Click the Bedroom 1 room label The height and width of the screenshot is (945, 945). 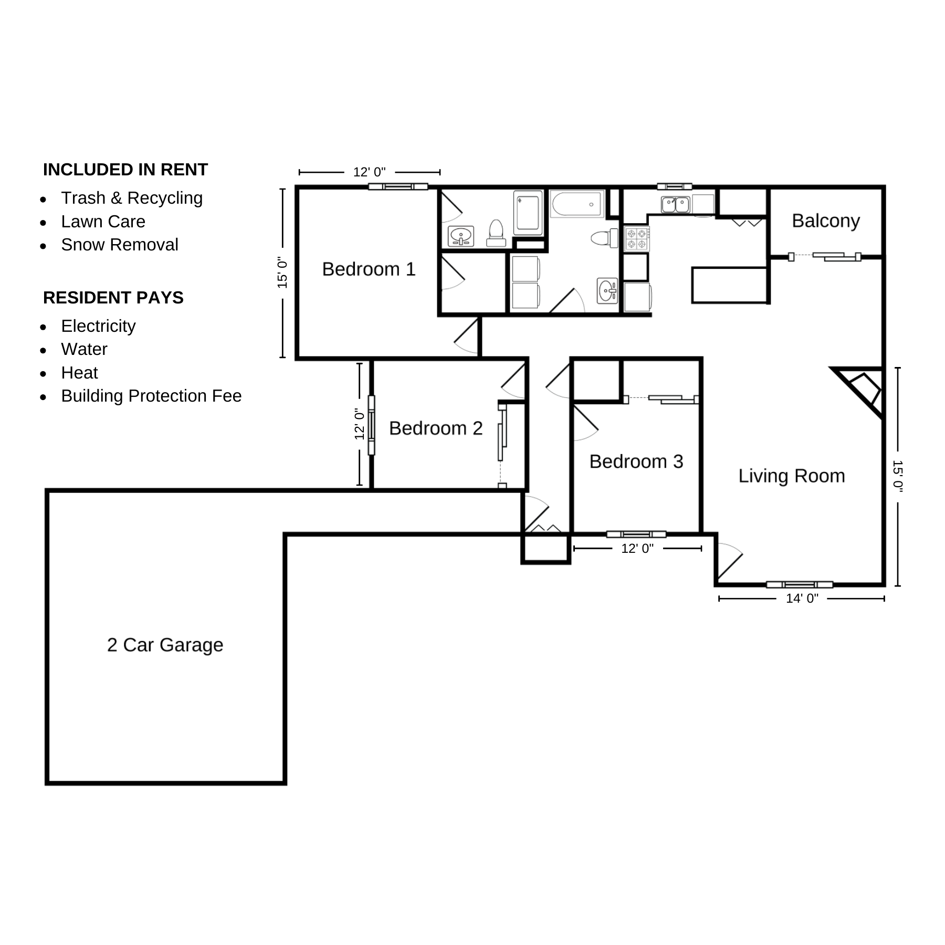369,269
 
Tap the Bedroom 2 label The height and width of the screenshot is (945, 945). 436,428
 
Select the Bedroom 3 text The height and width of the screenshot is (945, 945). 636,461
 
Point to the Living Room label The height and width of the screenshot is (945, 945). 792,476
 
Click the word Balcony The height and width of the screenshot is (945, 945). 826,221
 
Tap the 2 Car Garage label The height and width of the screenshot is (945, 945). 165,645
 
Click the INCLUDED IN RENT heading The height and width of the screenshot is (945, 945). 125,170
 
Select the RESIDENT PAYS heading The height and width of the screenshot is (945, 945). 113,298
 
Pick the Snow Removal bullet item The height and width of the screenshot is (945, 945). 120,245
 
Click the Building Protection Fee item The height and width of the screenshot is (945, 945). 151,396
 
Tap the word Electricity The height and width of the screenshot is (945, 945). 98,326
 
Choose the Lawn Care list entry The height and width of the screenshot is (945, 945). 103,222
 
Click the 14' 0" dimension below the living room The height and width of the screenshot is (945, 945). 802,598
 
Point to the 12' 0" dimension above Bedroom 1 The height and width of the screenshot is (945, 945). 369,172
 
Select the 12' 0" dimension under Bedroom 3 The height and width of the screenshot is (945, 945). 637,549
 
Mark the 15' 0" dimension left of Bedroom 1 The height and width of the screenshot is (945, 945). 283,272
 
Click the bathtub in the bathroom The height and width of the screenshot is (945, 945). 577,204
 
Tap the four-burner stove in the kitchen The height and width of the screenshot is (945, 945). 637,239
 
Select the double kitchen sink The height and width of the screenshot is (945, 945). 675,204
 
